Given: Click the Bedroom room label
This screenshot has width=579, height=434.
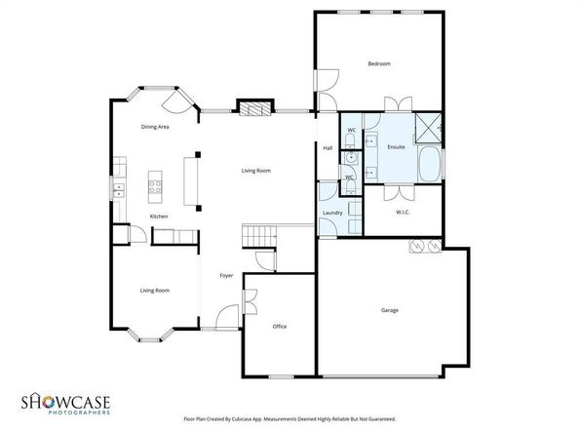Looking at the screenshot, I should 379,64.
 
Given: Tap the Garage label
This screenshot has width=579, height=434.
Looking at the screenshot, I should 389,310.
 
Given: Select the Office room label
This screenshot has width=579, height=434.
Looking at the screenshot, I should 279,326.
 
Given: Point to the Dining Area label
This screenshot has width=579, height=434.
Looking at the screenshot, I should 156,128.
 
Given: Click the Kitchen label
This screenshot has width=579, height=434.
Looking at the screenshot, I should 158,216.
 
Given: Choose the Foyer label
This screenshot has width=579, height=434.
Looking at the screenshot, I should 225,275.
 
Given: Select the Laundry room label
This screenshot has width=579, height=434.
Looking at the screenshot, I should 331,213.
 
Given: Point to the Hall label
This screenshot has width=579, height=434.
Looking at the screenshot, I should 328,148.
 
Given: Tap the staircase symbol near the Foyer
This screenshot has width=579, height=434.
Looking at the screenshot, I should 260,235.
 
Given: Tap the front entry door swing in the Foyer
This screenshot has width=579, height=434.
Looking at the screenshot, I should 226,315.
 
